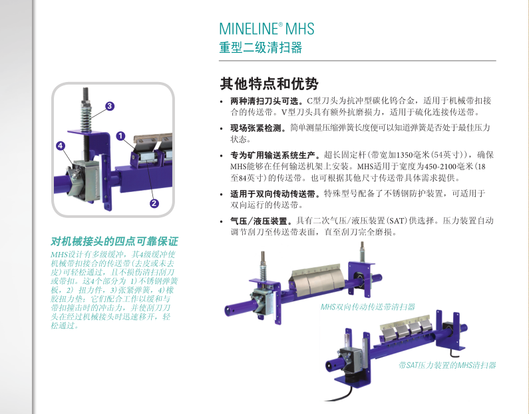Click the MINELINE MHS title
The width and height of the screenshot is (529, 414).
[267, 29]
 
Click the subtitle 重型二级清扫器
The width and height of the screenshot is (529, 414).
[260, 47]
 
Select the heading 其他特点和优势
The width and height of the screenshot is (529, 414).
[269, 83]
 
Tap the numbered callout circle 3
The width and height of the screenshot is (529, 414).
[109, 106]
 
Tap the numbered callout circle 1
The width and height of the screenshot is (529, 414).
[120, 136]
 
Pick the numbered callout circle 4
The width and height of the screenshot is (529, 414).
[61, 145]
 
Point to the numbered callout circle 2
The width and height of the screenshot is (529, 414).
[154, 203]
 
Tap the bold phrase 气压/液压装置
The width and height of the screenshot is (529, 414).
[261, 221]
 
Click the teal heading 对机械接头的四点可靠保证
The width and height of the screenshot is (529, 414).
[114, 241]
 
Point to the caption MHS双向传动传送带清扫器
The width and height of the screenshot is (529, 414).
[367, 307]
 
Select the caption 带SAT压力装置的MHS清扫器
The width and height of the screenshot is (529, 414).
[447, 365]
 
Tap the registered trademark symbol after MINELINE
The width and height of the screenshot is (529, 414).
[280, 25]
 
